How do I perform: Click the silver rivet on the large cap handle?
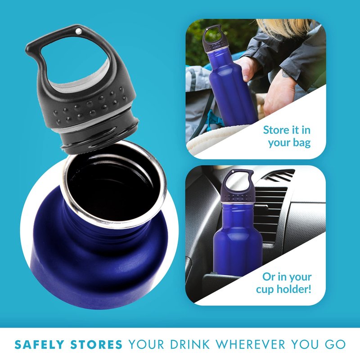(78, 31)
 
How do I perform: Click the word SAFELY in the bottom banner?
(39, 345)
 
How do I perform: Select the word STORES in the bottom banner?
(96, 345)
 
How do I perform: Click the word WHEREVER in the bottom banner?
(251, 344)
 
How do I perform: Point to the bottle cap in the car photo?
(238, 186)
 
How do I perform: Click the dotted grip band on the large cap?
(90, 106)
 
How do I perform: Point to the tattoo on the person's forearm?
(286, 74)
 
